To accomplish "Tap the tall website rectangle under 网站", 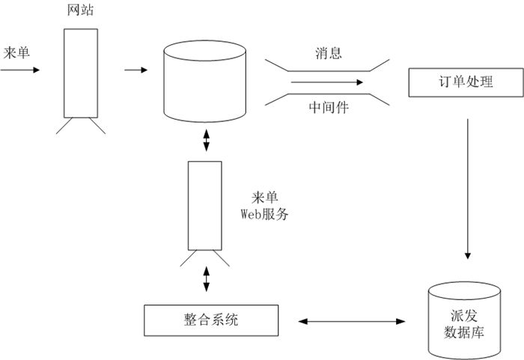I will (x=81, y=73).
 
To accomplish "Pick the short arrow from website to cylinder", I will (x=135, y=70).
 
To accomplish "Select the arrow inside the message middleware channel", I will (x=329, y=82).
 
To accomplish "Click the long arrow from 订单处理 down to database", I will (x=468, y=187).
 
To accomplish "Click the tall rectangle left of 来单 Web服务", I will (x=204, y=205).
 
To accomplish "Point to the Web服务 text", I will (x=264, y=214).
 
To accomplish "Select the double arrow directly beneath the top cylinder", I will (x=207, y=141).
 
